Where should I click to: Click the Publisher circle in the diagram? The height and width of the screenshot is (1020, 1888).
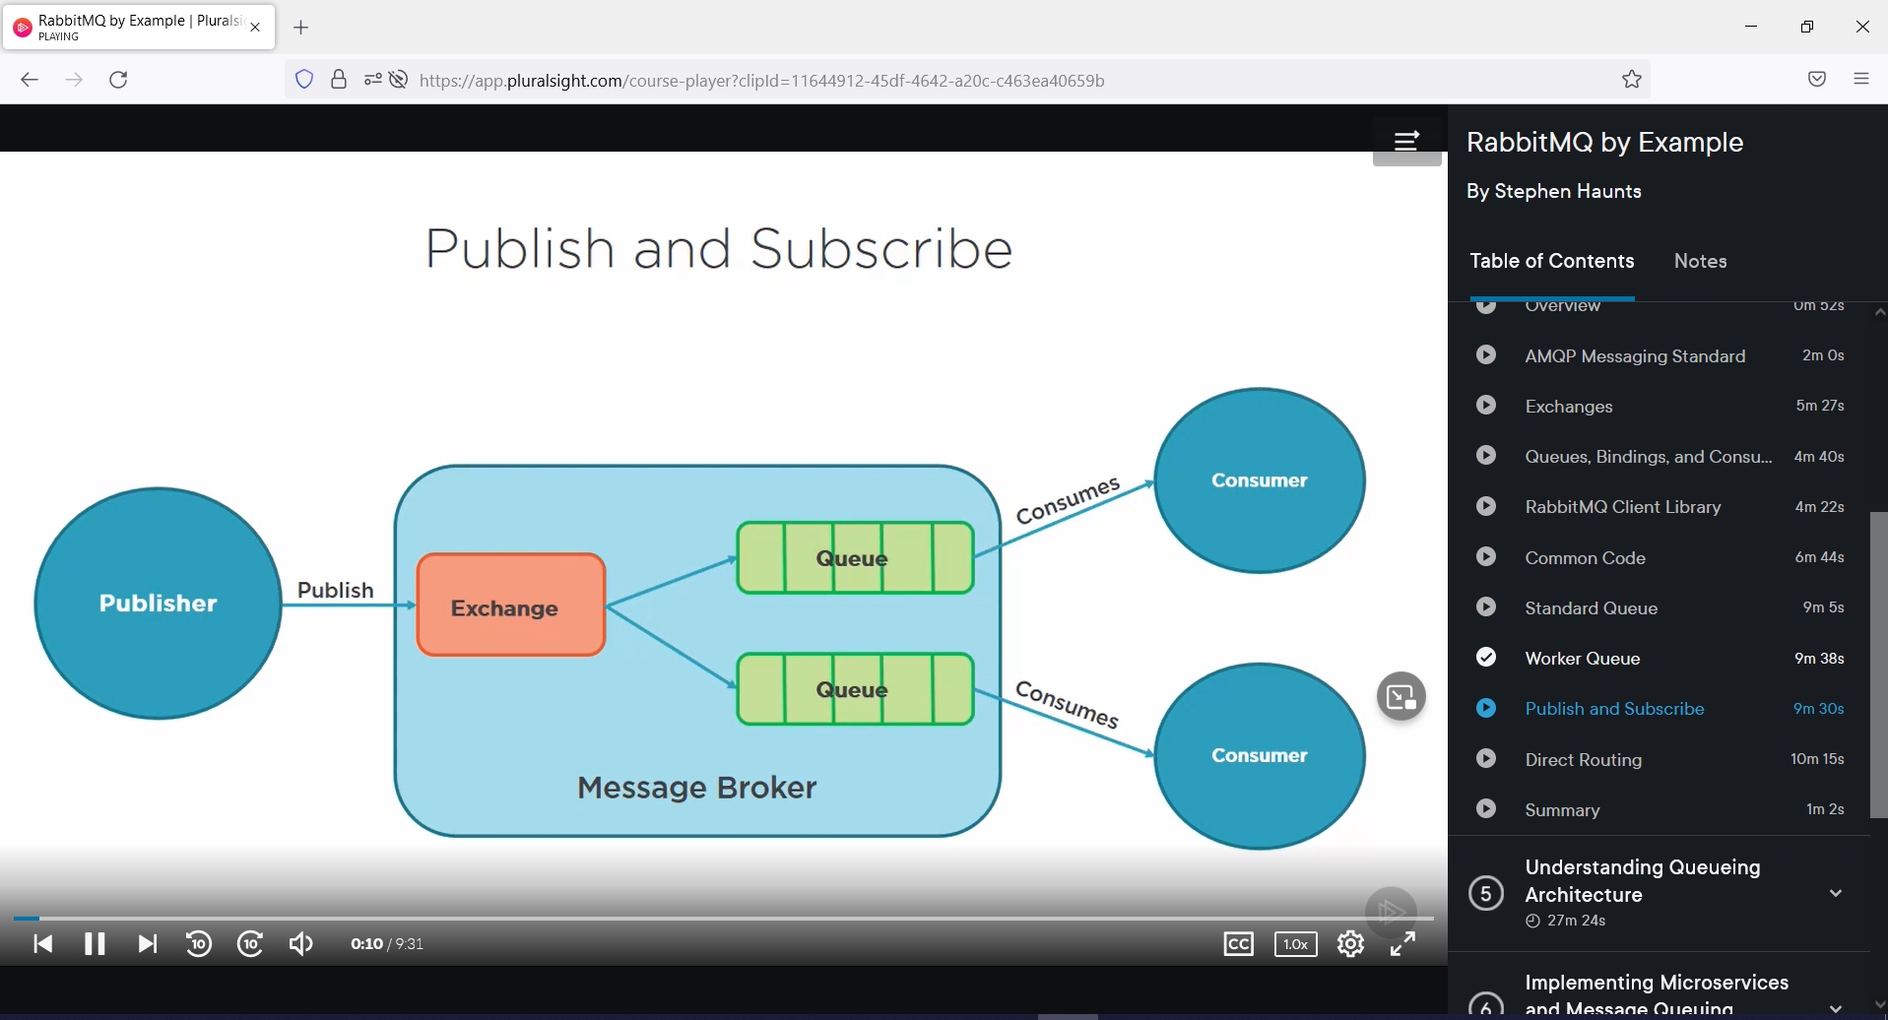pyautogui.click(x=158, y=603)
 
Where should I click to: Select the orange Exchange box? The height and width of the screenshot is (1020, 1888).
pyautogui.click(x=510, y=605)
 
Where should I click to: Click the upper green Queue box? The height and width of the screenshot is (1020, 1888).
pyautogui.click(x=854, y=558)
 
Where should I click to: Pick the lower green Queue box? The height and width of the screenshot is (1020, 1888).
pyautogui.click(x=854, y=689)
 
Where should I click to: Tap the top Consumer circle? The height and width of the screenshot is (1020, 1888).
pyautogui.click(x=1259, y=480)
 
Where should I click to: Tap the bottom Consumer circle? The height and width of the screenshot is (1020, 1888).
pyautogui.click(x=1259, y=755)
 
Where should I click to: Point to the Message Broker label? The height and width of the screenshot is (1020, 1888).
pyautogui.click(x=696, y=788)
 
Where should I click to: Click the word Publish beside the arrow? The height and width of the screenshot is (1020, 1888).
pyautogui.click(x=335, y=590)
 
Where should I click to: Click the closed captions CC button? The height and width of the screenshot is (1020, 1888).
pyautogui.click(x=1238, y=944)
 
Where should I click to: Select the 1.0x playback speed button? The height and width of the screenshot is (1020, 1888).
pyautogui.click(x=1295, y=944)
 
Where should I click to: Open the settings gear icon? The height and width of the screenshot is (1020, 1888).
pyautogui.click(x=1350, y=944)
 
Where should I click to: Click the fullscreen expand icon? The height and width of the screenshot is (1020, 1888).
pyautogui.click(x=1402, y=944)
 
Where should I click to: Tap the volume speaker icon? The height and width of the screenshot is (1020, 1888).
pyautogui.click(x=300, y=944)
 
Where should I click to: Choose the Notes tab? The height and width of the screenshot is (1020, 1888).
pyautogui.click(x=1700, y=261)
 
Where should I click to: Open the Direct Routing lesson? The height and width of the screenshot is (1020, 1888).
pyautogui.click(x=1583, y=759)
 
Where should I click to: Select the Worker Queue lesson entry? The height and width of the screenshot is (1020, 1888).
pyautogui.click(x=1582, y=658)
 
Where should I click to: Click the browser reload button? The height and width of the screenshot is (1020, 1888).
pyautogui.click(x=118, y=80)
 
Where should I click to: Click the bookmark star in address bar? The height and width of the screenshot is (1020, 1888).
pyautogui.click(x=1631, y=80)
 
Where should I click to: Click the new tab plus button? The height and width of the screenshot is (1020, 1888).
pyautogui.click(x=301, y=28)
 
